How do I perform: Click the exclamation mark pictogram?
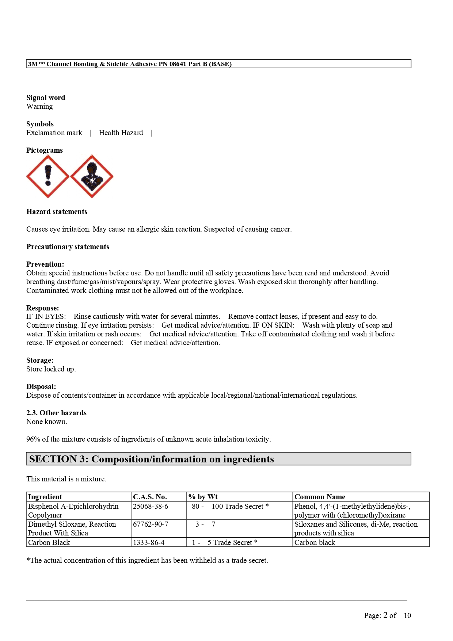click(x=48, y=176)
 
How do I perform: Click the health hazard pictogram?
click(x=92, y=176)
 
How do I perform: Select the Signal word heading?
click(x=46, y=98)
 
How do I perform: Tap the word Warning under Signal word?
click(x=39, y=106)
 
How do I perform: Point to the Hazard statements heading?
click(x=57, y=211)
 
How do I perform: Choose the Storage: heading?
click(x=40, y=360)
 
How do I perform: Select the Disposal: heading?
click(x=41, y=386)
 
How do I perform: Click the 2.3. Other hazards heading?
click(x=56, y=413)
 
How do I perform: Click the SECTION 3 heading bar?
click(x=218, y=459)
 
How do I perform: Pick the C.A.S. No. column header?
click(x=150, y=497)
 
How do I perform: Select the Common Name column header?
click(x=320, y=497)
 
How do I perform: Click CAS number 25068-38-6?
click(x=151, y=506)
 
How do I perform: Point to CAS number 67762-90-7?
click(x=151, y=524)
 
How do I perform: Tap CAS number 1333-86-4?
click(x=149, y=542)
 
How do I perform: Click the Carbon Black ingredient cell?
click(x=49, y=542)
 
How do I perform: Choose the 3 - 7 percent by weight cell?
click(x=205, y=524)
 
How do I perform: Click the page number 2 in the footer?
click(x=385, y=615)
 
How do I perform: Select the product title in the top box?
click(x=130, y=64)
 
